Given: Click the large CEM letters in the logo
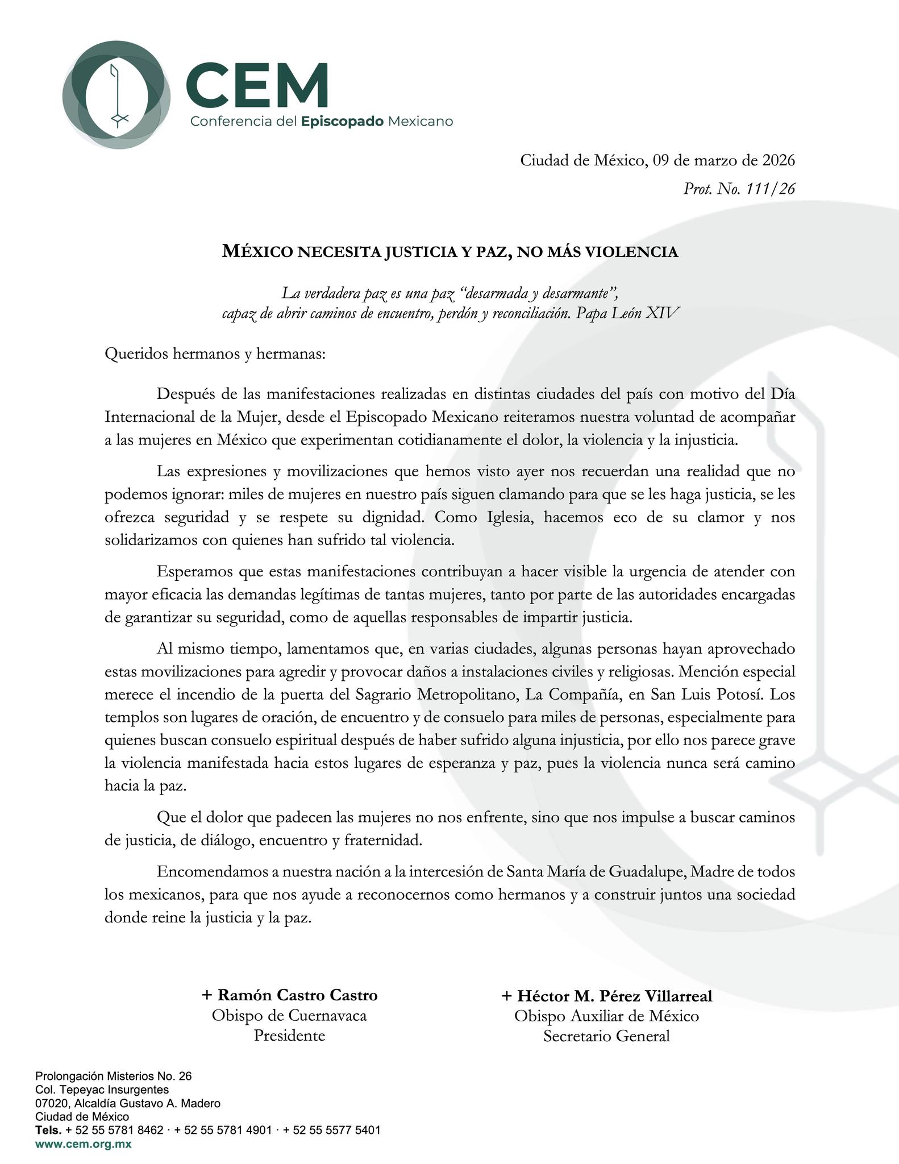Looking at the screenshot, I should (x=257, y=85).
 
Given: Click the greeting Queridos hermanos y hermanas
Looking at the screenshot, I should (x=215, y=354).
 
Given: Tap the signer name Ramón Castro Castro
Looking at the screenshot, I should (x=290, y=995).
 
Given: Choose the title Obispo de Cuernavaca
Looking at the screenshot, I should (x=289, y=1015).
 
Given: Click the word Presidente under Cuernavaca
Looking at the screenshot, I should (x=289, y=1035).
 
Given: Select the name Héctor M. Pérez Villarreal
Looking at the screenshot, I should (x=606, y=996).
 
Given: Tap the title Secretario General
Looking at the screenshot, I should (x=606, y=1036).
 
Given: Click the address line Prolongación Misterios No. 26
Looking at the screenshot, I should (x=114, y=1076).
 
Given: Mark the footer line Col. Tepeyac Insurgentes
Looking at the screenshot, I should (x=102, y=1090).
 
